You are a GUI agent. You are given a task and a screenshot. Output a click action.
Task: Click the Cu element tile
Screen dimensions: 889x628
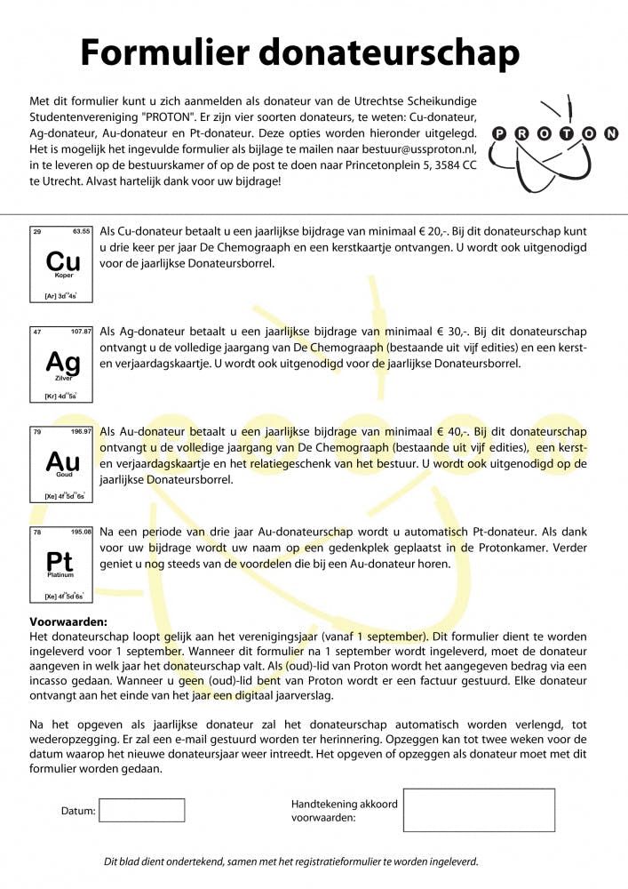pos(61,264)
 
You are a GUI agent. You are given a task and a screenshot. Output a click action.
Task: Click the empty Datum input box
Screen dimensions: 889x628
pos(141,810)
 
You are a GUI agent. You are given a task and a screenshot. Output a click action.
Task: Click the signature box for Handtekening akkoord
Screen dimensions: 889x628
pos(479,810)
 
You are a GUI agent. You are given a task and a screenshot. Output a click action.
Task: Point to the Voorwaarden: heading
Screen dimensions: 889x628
pos(68,622)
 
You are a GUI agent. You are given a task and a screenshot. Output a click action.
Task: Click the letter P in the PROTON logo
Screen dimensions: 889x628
pos(499,134)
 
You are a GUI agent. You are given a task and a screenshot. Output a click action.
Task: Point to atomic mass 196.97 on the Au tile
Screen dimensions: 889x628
pos(82,431)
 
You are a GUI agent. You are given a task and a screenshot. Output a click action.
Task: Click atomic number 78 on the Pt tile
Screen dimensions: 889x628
pos(36,533)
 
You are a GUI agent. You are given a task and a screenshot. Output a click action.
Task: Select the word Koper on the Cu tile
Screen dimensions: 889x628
pos(63,276)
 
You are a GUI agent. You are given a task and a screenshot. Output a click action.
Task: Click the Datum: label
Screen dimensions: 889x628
pos(77,811)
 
